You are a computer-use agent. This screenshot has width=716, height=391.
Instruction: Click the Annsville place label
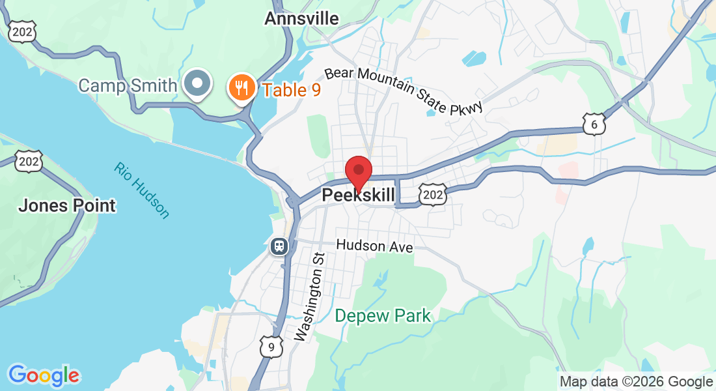[x=301, y=18]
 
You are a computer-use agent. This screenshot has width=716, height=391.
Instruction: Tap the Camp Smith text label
[x=128, y=85]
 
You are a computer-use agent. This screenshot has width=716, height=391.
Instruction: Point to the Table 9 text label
[x=292, y=89]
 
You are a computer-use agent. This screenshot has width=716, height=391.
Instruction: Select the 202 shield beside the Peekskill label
[x=434, y=194]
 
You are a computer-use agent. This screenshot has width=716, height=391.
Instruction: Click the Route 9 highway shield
[x=271, y=347]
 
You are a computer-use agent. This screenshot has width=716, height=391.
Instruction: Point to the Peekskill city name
[x=358, y=195]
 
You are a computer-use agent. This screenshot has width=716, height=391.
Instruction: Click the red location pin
[x=358, y=172]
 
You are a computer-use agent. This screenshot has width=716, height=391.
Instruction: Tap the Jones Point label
[x=67, y=206]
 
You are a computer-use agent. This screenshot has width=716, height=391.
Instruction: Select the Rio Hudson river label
[x=141, y=190]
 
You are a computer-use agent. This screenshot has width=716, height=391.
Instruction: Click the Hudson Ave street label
[x=374, y=247]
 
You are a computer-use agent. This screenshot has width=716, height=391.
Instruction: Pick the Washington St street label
[x=309, y=297]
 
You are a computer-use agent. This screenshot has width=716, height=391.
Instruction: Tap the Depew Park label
[x=383, y=316]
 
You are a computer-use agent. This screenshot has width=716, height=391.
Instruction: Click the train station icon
[x=279, y=246]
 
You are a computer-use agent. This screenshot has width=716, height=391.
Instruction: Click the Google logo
[x=44, y=375]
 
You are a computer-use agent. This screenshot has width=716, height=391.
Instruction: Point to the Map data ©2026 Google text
[x=636, y=382]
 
